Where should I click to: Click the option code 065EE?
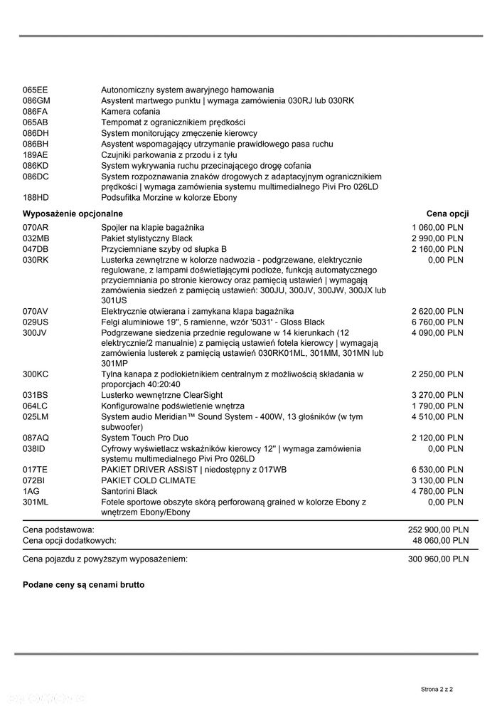click(35, 90)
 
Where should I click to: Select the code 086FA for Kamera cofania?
click(35, 112)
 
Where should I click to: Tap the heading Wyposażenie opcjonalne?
click(73, 214)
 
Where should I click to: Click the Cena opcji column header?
click(447, 214)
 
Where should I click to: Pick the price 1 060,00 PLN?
click(437, 228)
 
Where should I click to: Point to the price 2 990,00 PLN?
click(437, 238)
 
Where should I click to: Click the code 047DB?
click(36, 249)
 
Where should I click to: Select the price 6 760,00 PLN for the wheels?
click(437, 322)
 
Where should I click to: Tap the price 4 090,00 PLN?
click(437, 333)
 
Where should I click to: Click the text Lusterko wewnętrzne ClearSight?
click(161, 396)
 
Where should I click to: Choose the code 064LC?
click(35, 406)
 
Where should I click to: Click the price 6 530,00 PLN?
click(437, 470)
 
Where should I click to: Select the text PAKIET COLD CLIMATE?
click(149, 481)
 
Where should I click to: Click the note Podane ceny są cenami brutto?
click(84, 584)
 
